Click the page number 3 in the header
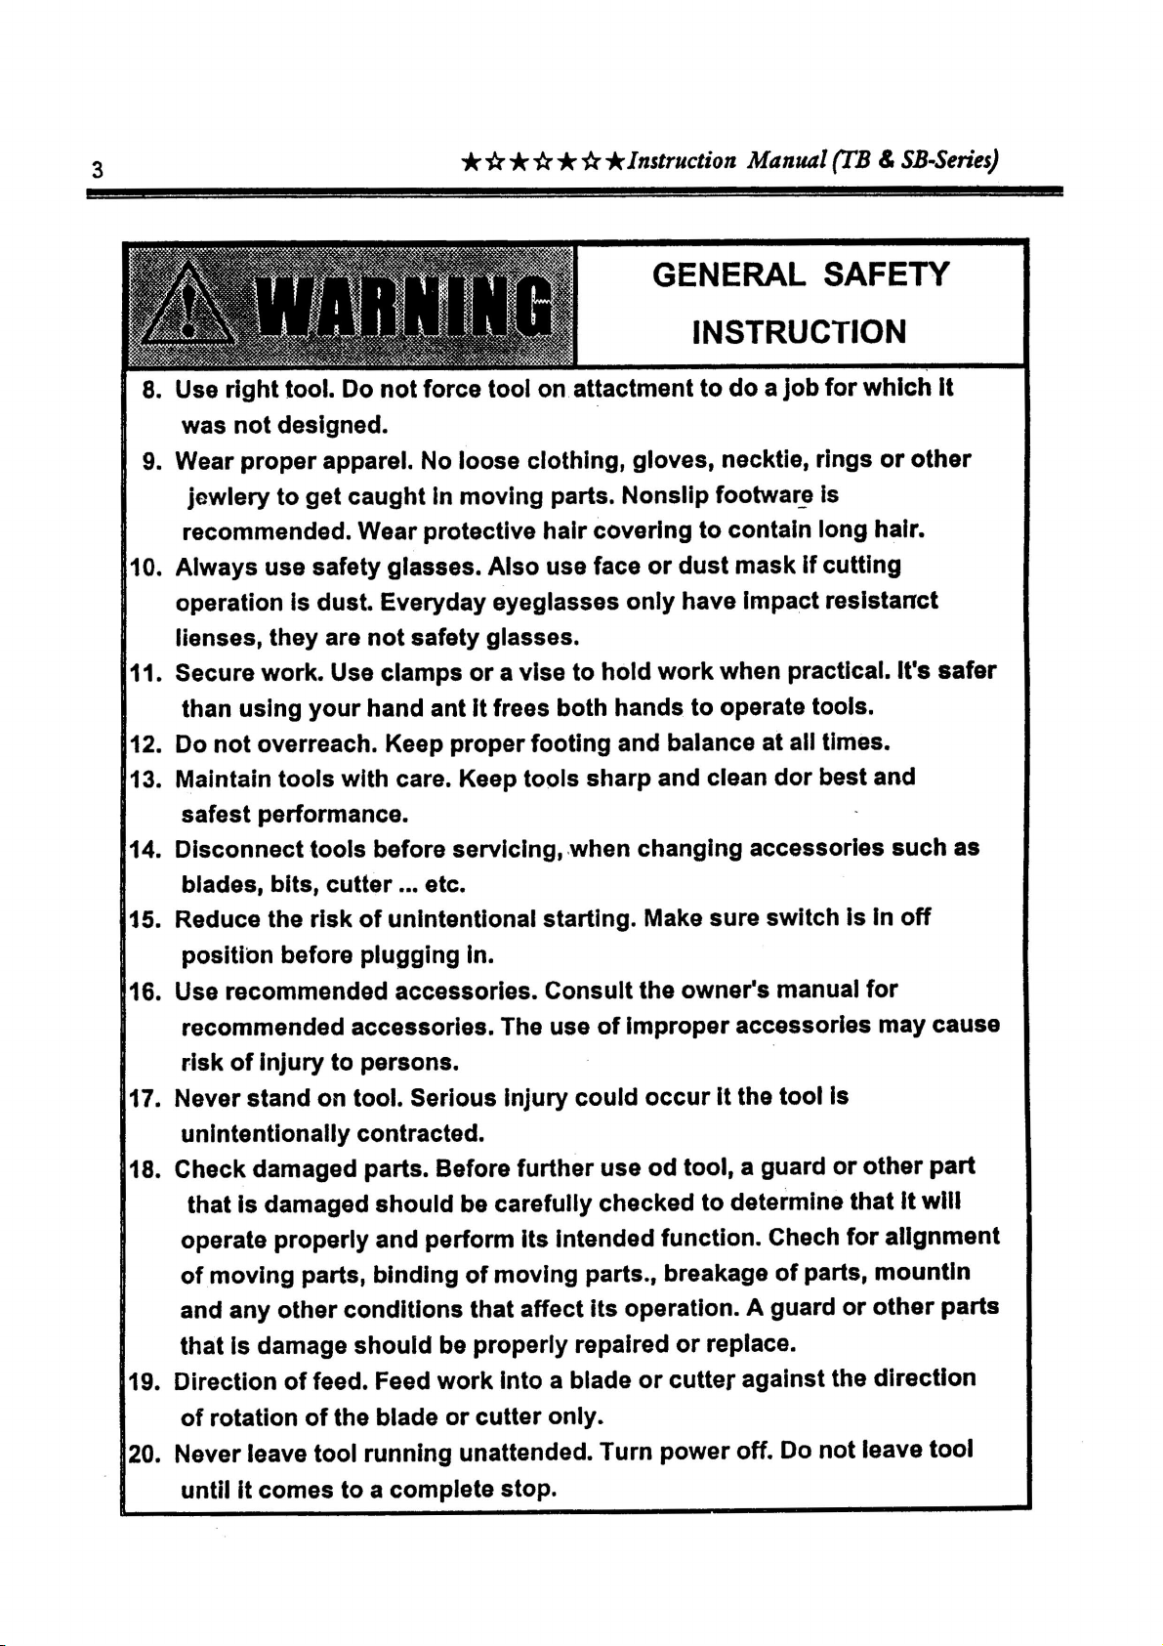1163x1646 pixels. [97, 169]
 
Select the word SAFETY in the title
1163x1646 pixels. [885, 274]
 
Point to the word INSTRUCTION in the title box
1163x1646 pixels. [800, 332]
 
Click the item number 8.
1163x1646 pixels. [151, 390]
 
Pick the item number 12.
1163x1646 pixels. [145, 742]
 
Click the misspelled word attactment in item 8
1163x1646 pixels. [632, 389]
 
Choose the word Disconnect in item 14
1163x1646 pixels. [237, 848]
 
